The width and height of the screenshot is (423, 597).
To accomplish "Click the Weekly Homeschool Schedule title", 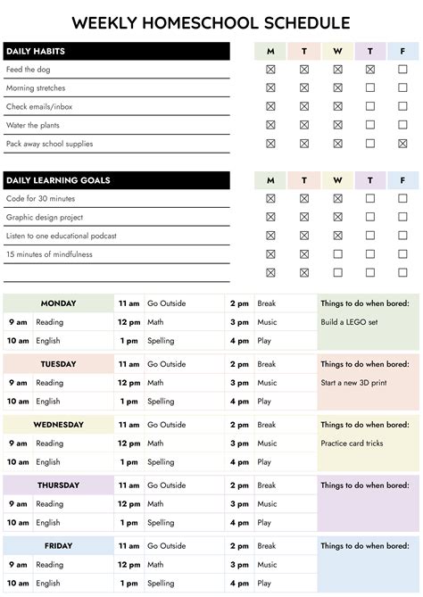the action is [211, 23].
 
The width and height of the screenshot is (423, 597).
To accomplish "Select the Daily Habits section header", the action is [36, 51].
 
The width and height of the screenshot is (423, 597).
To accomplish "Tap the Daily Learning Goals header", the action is [58, 180].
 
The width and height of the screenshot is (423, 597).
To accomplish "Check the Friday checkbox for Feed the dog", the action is [403, 69].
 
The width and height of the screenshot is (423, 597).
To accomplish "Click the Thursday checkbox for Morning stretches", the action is [370, 87].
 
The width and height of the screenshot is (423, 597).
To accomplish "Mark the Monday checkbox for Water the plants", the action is [270, 125].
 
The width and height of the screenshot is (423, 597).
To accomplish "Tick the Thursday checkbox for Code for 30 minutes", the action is [370, 198].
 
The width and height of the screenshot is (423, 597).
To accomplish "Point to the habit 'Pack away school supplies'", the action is [49, 144].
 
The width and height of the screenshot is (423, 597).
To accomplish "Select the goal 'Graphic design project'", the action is [45, 217].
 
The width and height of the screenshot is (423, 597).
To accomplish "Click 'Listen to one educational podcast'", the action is [61, 236].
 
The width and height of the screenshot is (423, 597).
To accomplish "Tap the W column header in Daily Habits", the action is [337, 51].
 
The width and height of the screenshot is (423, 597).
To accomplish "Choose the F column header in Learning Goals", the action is [403, 180].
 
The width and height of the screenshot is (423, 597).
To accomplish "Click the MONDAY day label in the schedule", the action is [58, 303].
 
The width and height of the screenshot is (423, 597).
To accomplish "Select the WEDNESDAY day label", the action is [58, 425].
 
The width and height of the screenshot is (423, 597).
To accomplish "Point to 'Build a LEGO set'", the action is [351, 322].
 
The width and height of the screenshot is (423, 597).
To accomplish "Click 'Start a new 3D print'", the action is [355, 383].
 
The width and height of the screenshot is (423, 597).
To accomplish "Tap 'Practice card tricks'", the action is [352, 444].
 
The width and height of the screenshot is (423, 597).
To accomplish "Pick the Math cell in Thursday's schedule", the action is [155, 504].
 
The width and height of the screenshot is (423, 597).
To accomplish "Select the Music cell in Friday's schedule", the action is [267, 565].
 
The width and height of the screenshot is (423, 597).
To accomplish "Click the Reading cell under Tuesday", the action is [49, 383].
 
